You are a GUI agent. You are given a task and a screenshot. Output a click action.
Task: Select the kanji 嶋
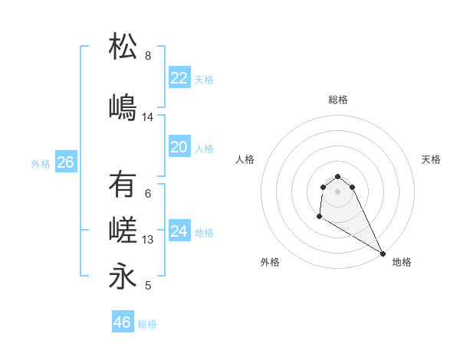[x=123, y=106]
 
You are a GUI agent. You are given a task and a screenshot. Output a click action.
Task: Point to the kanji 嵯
[x=123, y=231]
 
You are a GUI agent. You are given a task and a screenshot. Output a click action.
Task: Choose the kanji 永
[x=123, y=277]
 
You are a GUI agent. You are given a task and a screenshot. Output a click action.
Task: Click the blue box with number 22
[x=179, y=78]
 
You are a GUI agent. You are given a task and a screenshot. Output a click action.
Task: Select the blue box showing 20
[x=179, y=147]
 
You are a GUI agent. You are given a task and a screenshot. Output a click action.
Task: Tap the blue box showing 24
[x=179, y=231]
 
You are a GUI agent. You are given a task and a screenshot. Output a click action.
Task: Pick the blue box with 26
[x=65, y=162]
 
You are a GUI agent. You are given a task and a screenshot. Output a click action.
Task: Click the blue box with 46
[x=122, y=322]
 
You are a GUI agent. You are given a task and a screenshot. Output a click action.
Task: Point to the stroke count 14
[x=148, y=117]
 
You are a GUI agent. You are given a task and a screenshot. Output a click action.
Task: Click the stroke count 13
[x=148, y=240]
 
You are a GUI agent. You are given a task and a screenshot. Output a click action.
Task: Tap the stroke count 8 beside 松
[x=148, y=56]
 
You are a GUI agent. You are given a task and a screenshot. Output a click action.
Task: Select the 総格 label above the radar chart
[x=338, y=100]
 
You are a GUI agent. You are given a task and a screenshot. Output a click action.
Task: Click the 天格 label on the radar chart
[x=431, y=159]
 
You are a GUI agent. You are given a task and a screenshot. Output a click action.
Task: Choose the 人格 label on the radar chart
[x=245, y=159]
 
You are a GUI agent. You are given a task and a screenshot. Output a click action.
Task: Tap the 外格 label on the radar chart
[x=270, y=262]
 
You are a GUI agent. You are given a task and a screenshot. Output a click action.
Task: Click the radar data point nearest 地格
[x=383, y=254]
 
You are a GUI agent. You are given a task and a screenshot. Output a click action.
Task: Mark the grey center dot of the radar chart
[x=338, y=191]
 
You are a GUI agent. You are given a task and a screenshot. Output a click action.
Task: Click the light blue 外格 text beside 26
[x=41, y=163]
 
